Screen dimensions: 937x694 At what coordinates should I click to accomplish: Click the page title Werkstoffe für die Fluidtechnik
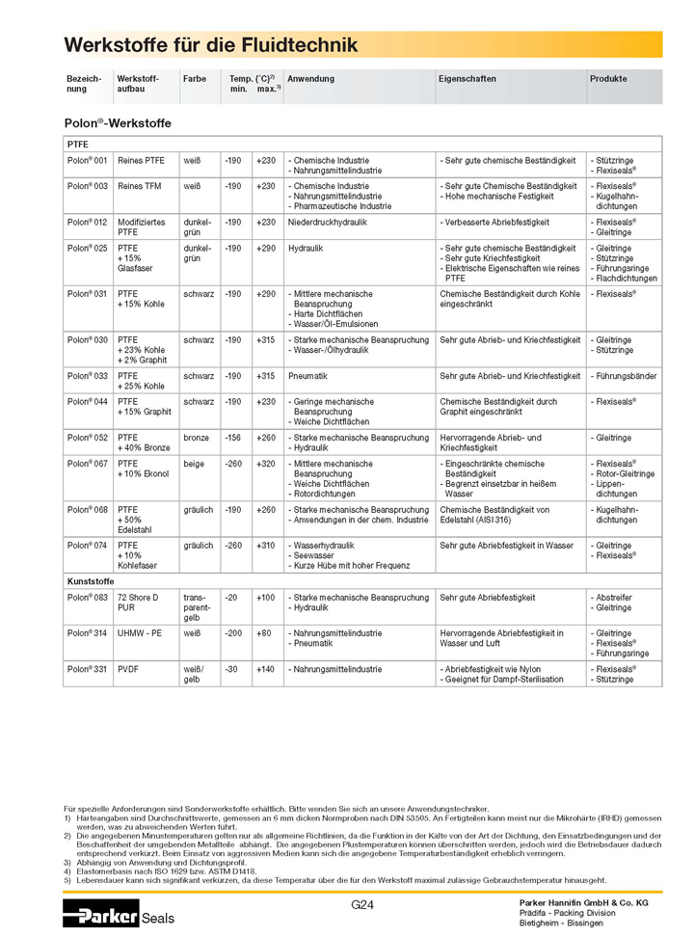210,45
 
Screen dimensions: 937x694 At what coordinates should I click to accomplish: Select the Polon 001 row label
87,160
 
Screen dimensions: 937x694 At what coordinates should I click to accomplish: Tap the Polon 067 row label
87,463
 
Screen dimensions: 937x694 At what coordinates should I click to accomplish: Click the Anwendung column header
310,79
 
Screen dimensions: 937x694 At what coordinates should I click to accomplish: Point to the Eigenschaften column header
468,79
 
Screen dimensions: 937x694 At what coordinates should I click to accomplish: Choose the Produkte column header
608,79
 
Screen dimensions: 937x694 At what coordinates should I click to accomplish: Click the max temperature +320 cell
265,463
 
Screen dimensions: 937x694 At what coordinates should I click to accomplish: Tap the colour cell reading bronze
197,437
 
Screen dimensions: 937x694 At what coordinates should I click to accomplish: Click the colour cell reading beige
194,463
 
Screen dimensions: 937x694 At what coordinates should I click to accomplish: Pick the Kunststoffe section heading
91,581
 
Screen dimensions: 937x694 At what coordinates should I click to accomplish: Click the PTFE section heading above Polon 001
77,144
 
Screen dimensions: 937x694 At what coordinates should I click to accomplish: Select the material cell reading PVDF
128,668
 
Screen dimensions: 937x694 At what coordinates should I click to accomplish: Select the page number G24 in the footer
362,905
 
